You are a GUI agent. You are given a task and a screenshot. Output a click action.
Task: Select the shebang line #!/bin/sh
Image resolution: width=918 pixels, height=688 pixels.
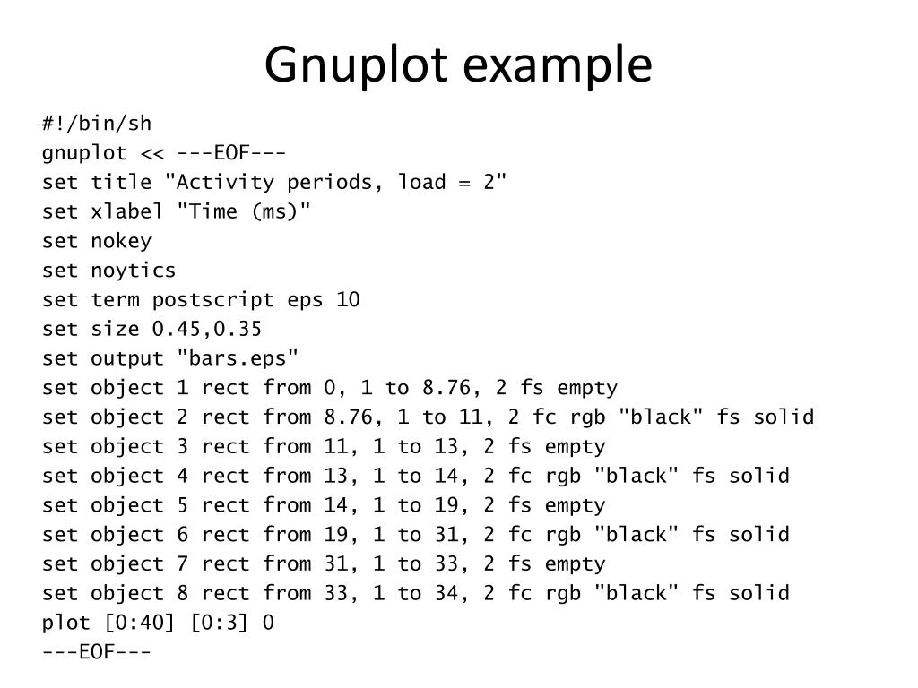click(97, 123)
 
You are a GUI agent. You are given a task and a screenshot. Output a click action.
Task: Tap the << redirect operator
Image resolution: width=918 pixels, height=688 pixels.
click(152, 152)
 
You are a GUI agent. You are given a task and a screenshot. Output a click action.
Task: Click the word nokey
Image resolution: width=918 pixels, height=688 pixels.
click(121, 241)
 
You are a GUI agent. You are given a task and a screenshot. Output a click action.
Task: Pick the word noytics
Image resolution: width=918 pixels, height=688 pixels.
click(134, 270)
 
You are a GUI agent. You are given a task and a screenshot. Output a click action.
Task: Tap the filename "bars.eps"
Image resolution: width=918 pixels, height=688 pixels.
click(238, 358)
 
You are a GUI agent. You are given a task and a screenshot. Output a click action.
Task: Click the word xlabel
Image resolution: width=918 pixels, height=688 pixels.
click(127, 211)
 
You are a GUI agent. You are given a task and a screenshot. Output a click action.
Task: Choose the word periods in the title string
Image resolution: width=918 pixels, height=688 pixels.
click(324, 182)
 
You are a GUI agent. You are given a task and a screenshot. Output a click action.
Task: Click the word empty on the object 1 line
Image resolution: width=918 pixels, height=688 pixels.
click(587, 388)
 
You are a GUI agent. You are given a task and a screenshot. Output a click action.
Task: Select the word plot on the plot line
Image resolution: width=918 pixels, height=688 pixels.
click(65, 623)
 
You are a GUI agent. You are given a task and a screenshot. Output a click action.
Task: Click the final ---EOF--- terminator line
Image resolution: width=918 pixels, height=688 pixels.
click(97, 651)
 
